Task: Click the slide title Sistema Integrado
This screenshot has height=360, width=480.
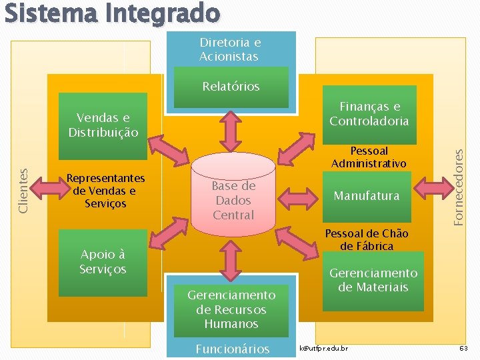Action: (111, 13)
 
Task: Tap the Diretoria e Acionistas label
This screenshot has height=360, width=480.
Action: (230, 49)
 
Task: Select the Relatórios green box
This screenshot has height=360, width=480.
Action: (231, 87)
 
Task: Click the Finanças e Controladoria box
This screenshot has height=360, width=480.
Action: (369, 114)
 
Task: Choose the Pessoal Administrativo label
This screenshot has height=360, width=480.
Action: (369, 157)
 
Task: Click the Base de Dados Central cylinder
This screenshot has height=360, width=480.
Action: (233, 200)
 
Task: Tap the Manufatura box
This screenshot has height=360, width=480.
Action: (367, 196)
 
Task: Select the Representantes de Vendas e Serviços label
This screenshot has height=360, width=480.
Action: (105, 191)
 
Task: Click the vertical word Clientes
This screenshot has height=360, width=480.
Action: (23, 190)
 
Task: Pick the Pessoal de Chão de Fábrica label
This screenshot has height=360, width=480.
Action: (366, 240)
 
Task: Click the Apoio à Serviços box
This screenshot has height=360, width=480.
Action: (103, 262)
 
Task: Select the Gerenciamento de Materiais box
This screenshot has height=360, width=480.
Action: (373, 280)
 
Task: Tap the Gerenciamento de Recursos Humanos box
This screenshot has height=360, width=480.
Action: (231, 309)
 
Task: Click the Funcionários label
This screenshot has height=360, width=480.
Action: (232, 349)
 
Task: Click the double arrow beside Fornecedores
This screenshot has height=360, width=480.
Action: (431, 187)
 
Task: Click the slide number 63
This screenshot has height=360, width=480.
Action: (463, 349)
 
